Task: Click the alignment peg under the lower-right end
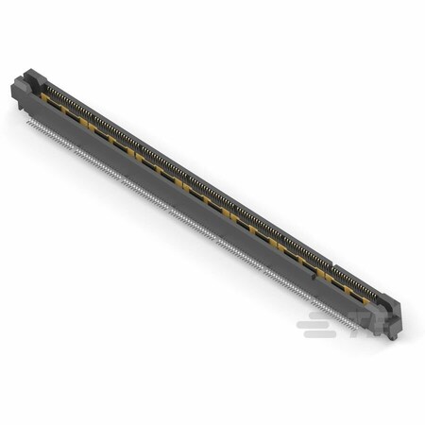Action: [391, 338]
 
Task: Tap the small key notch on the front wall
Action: [314, 277]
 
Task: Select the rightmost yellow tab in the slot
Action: [365, 302]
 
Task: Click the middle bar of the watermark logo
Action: [311, 324]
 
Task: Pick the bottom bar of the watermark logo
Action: [319, 334]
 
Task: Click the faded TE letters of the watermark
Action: [368, 324]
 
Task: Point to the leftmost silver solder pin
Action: [27, 120]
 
